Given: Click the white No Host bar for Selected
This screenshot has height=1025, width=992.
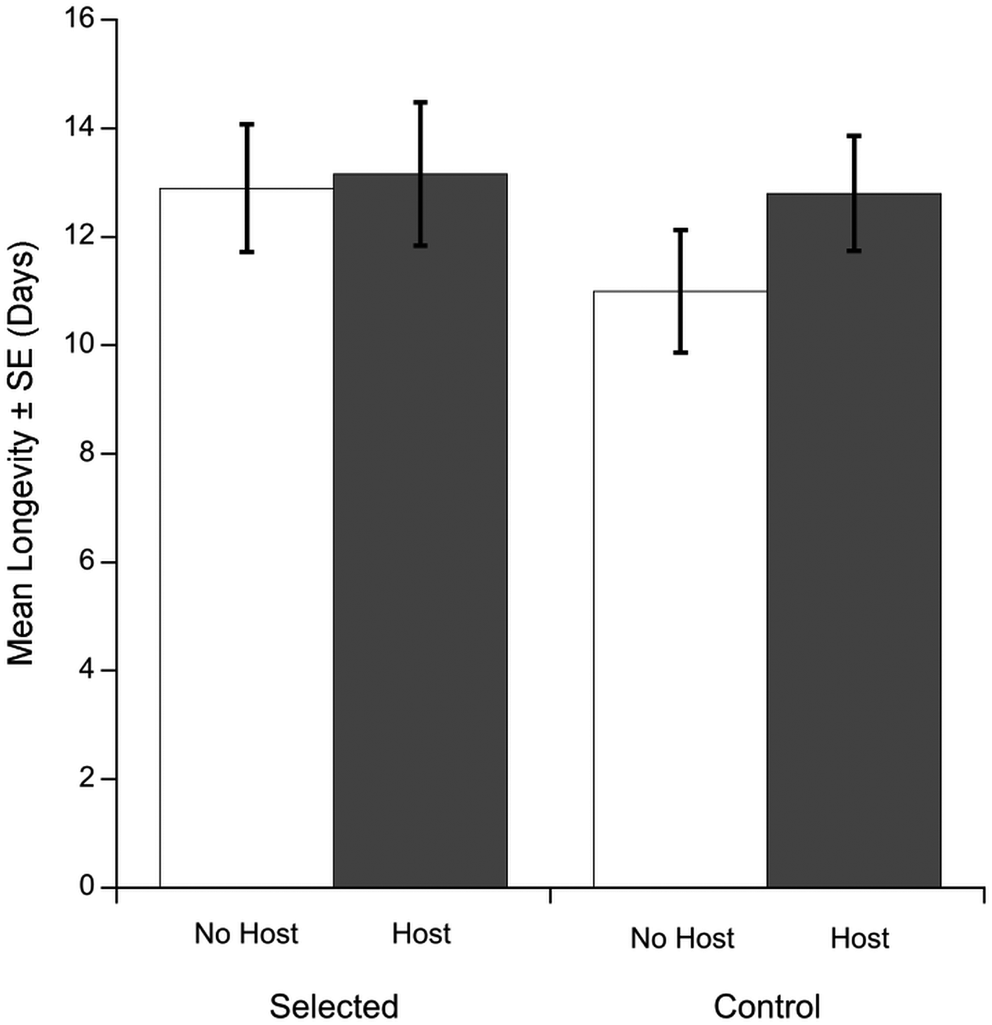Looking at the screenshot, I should [247, 538].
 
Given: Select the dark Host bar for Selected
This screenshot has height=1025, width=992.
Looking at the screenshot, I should [420, 531].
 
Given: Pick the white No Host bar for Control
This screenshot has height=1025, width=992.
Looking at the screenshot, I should [680, 588].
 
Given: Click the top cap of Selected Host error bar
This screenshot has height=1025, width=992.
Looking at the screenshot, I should [421, 102].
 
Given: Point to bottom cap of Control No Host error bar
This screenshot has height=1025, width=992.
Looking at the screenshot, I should [680, 352].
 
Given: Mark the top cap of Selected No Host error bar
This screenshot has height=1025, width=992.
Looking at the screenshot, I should [247, 124].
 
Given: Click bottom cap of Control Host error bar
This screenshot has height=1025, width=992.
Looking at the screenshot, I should [854, 250].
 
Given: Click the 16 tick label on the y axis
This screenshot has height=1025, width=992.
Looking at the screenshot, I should [79, 19].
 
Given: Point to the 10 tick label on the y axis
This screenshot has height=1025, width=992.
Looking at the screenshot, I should [79, 345].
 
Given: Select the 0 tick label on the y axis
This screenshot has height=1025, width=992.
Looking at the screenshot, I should [86, 887].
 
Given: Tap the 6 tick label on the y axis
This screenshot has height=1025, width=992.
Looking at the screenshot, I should [86, 562].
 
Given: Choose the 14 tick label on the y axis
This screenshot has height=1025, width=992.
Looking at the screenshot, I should [79, 128].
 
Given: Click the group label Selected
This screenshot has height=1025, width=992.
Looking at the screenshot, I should [334, 1006].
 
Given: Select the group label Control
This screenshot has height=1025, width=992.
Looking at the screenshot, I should [767, 1006].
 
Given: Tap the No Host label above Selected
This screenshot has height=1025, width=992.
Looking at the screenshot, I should [247, 934].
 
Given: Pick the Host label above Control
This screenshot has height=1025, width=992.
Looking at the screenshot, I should [859, 939].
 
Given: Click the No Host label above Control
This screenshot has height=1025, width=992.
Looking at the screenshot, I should [682, 939].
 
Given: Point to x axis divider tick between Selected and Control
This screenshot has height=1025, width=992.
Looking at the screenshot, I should [551, 895].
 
